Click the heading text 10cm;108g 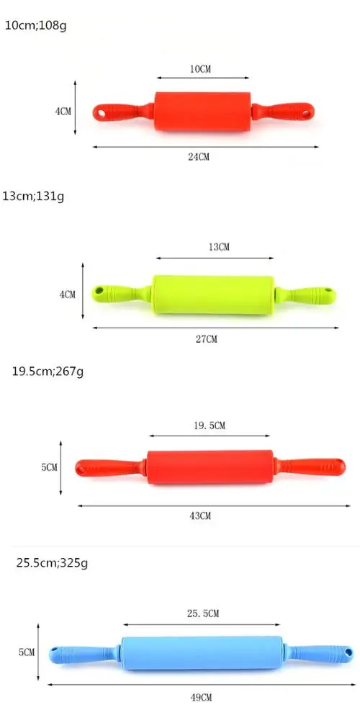[35, 25]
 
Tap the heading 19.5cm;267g [48, 372]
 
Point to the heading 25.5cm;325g [53, 562]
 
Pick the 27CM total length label [207, 339]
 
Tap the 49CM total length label [202, 698]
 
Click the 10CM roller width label [200, 69]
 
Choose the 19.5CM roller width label [209, 426]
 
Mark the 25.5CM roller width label [202, 613]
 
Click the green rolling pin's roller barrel [214, 294]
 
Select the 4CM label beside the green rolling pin [67, 294]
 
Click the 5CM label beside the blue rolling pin [27, 652]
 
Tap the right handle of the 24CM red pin [284, 112]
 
